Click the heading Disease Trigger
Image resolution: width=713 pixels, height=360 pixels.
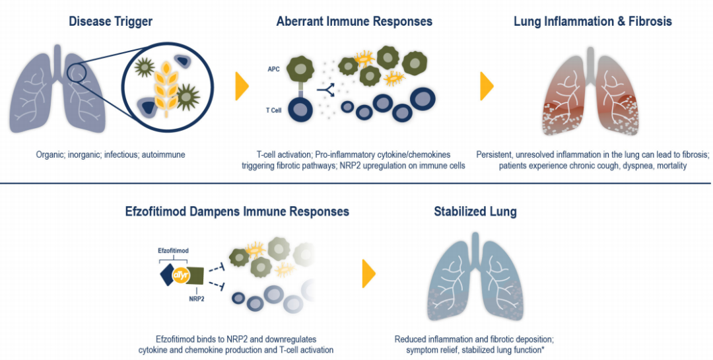coord(110,22)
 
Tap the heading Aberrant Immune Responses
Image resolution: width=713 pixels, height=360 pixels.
coord(355,22)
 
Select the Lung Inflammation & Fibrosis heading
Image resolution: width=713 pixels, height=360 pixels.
coord(592,22)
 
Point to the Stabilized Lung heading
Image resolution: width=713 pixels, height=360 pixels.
coord(475,212)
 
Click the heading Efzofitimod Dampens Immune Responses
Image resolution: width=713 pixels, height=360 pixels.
coord(237,212)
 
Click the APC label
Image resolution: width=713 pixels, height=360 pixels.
coord(273,68)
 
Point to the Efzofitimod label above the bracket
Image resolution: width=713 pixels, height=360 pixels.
coord(173,251)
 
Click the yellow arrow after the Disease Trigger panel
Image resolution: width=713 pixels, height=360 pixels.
coord(242,87)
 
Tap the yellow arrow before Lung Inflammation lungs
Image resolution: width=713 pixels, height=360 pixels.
coord(487,87)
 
